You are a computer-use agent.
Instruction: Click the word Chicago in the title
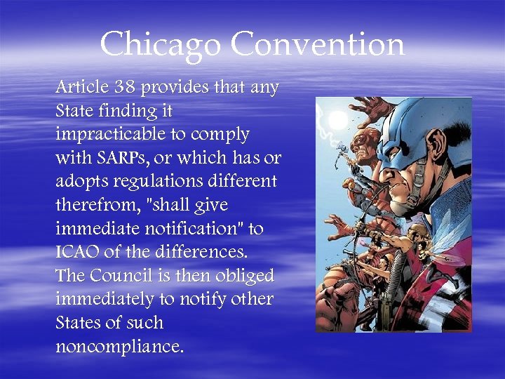tap(161, 46)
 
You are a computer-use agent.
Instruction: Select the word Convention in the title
tap(317, 44)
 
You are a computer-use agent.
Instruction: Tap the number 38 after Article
tap(128, 88)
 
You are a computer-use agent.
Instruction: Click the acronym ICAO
tap(76, 251)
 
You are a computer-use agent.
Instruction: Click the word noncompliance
tap(119, 346)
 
